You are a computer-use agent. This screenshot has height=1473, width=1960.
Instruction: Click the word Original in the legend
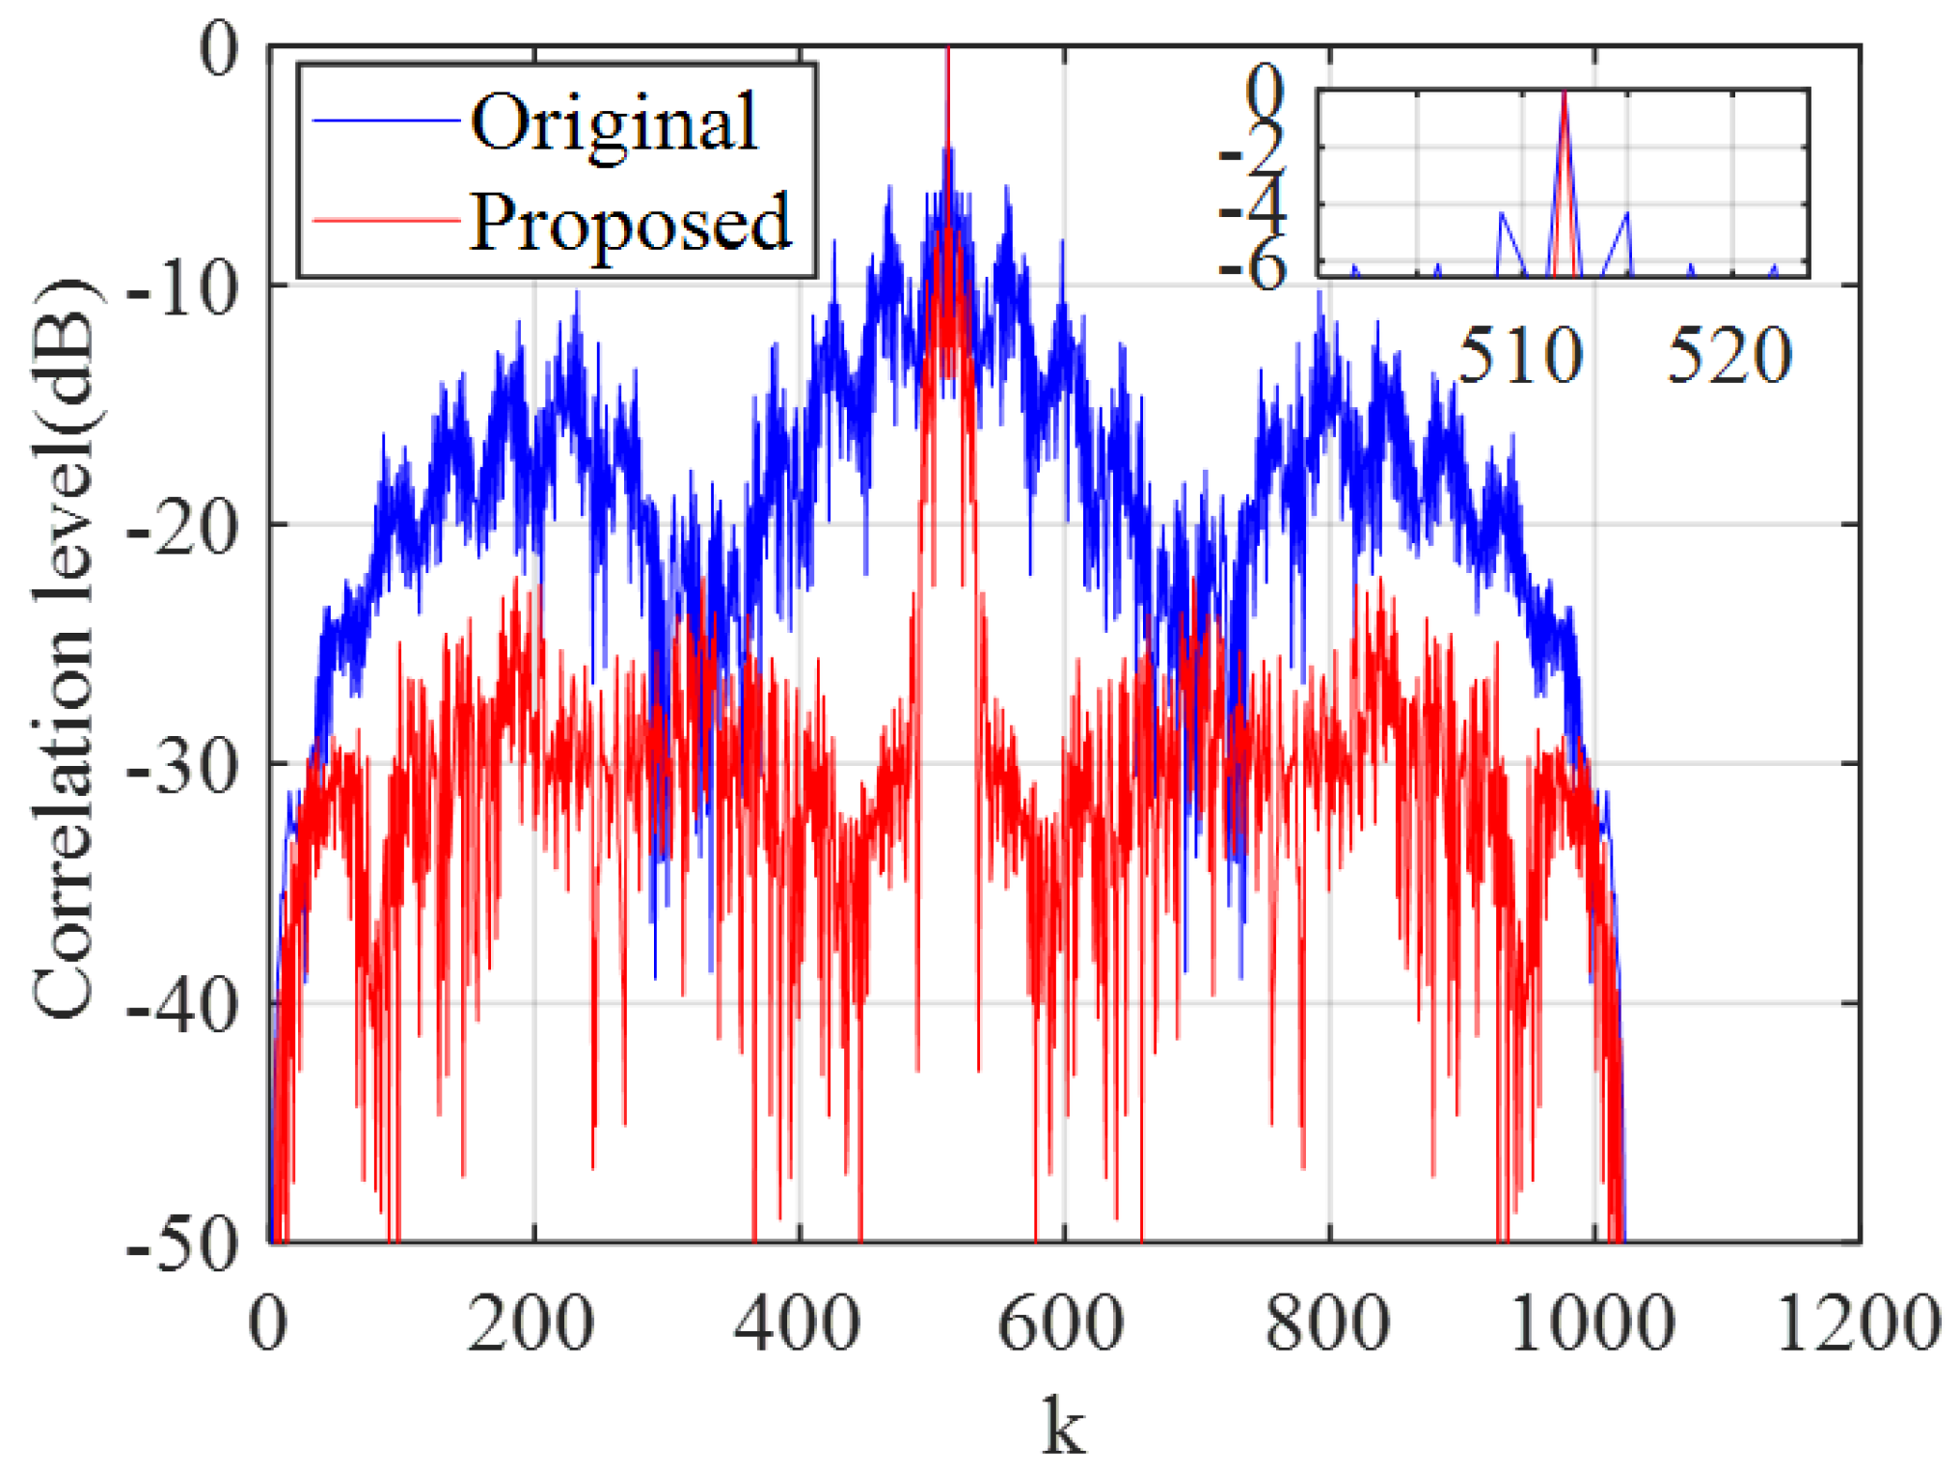(x=614, y=124)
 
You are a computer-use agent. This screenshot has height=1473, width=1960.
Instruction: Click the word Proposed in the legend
(x=630, y=223)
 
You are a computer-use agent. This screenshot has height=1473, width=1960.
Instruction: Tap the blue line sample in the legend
(x=386, y=121)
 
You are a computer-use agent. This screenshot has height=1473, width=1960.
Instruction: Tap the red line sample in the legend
(x=386, y=221)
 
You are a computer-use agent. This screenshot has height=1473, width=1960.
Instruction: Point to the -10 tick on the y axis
(x=182, y=286)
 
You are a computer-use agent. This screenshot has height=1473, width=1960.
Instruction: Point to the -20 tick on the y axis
(x=182, y=526)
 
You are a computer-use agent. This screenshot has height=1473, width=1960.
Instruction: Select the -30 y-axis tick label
(x=182, y=765)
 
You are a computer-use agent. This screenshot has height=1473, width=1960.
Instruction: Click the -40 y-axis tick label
(x=182, y=1004)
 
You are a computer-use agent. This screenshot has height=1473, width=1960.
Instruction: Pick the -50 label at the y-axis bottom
(x=182, y=1243)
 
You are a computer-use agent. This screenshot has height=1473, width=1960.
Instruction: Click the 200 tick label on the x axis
(x=531, y=1323)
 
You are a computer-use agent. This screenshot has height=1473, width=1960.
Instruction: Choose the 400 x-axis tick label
(x=798, y=1323)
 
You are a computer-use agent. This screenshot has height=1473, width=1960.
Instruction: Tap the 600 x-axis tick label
(x=1061, y=1323)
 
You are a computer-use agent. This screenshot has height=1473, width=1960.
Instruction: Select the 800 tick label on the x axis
(x=1328, y=1323)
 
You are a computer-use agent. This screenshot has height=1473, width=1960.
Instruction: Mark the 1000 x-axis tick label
(x=1592, y=1323)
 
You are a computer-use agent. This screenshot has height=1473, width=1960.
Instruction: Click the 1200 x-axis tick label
(x=1858, y=1323)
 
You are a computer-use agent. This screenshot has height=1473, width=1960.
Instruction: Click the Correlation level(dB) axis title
(x=66, y=646)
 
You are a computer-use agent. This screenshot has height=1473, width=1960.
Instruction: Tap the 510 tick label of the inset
(x=1520, y=355)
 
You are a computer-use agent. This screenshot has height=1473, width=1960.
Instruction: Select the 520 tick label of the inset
(x=1729, y=355)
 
